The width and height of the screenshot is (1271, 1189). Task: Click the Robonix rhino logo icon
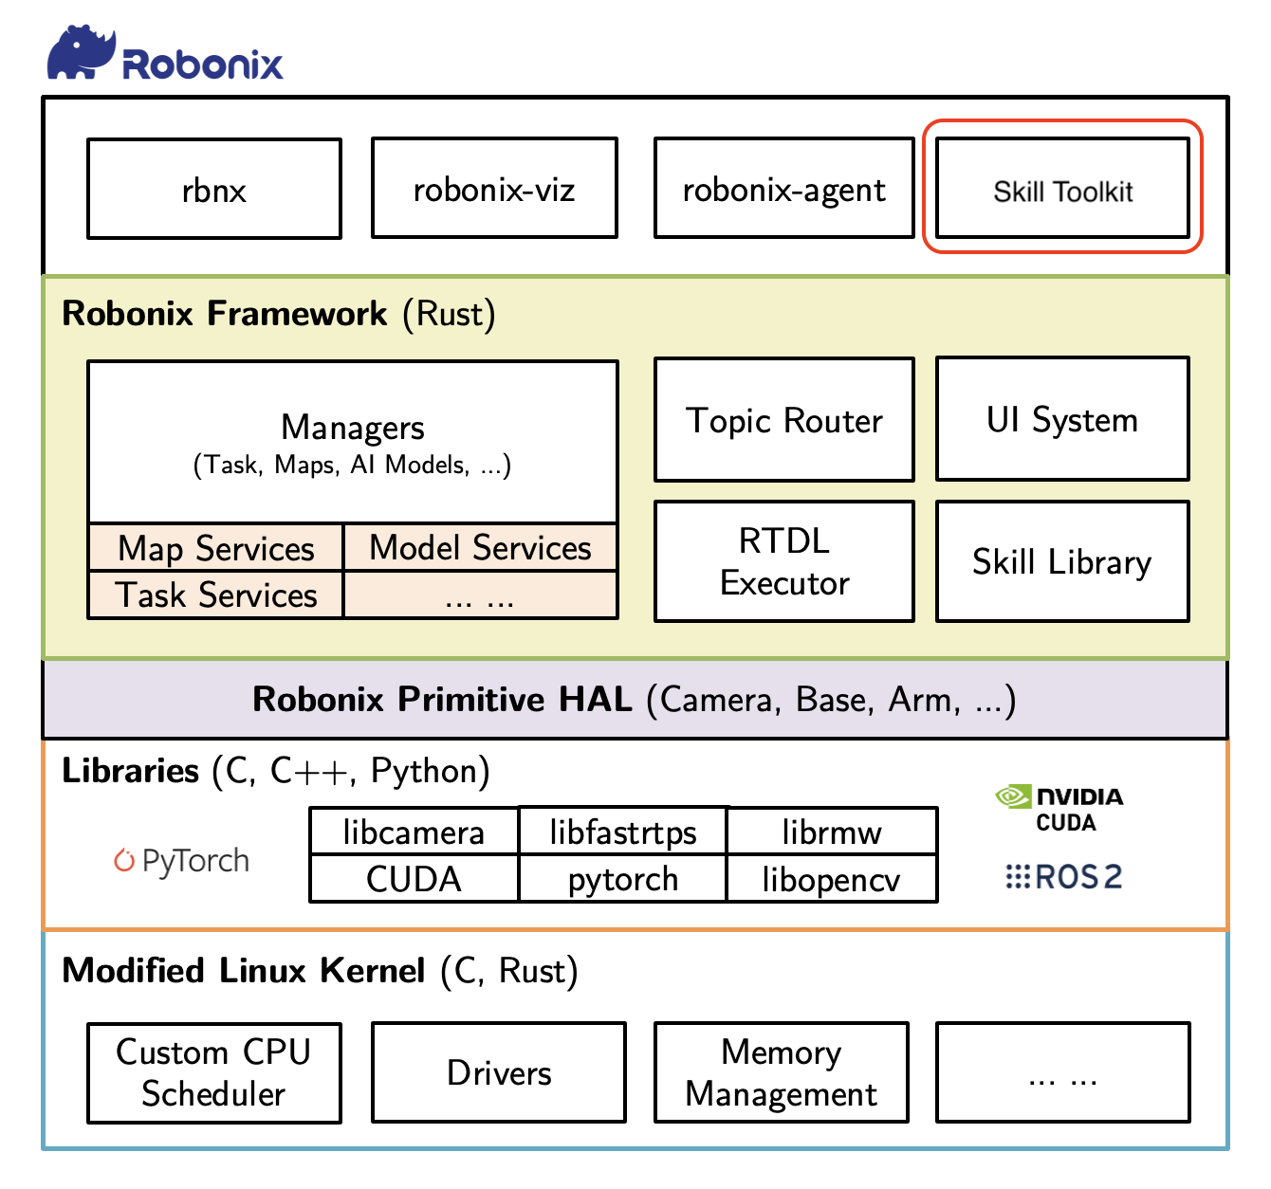(x=82, y=52)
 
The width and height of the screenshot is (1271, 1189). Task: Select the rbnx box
(x=214, y=189)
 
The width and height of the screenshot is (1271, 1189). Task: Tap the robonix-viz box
(x=495, y=188)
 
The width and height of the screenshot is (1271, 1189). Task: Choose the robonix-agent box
(x=784, y=188)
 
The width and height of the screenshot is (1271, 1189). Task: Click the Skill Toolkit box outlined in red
(x=1062, y=188)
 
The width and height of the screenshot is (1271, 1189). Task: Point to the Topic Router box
(x=784, y=420)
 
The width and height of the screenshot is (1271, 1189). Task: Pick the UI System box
(x=1062, y=419)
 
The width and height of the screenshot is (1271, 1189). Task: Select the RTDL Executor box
(x=784, y=561)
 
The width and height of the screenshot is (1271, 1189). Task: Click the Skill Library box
(x=1062, y=561)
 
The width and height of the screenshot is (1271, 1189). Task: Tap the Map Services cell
(x=215, y=548)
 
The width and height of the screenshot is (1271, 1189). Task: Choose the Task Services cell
(x=215, y=595)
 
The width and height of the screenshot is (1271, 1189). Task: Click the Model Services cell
(x=481, y=548)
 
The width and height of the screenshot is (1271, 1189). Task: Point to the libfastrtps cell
(x=623, y=832)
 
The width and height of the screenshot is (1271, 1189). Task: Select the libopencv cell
(x=832, y=879)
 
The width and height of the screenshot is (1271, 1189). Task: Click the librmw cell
(x=832, y=832)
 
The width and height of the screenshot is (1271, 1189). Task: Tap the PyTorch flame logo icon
(x=124, y=859)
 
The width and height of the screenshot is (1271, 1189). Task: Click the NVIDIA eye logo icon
(x=1013, y=796)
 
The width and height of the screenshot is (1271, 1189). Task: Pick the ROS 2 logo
(x=1063, y=876)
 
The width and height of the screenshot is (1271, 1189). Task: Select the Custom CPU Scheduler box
(x=214, y=1072)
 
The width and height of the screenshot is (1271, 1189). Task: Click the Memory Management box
(x=782, y=1071)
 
